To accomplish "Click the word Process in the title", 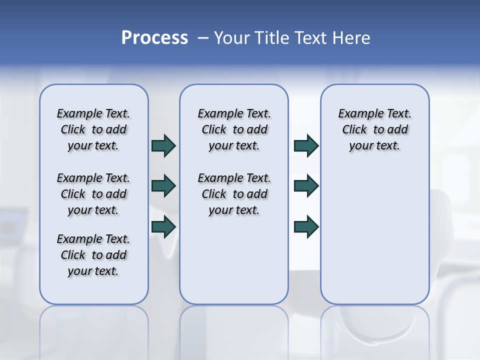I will coord(154,38).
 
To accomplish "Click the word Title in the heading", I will coord(273,38).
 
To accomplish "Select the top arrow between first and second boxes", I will coord(163,145).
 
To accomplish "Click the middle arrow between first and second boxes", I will coord(163,186).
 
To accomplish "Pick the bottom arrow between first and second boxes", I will coord(163,226).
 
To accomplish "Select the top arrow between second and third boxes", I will coord(306,145).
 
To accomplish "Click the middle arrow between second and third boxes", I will coord(306,186).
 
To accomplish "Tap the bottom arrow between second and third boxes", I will coord(306,226).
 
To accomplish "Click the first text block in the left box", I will coord(93,129).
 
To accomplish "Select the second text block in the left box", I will coord(93,194).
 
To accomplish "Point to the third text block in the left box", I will coord(93,255).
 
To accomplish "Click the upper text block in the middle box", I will coord(234,129).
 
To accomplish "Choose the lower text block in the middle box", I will coord(234,194).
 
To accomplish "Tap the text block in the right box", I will coord(374,129).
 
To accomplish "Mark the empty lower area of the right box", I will coord(374,235).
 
